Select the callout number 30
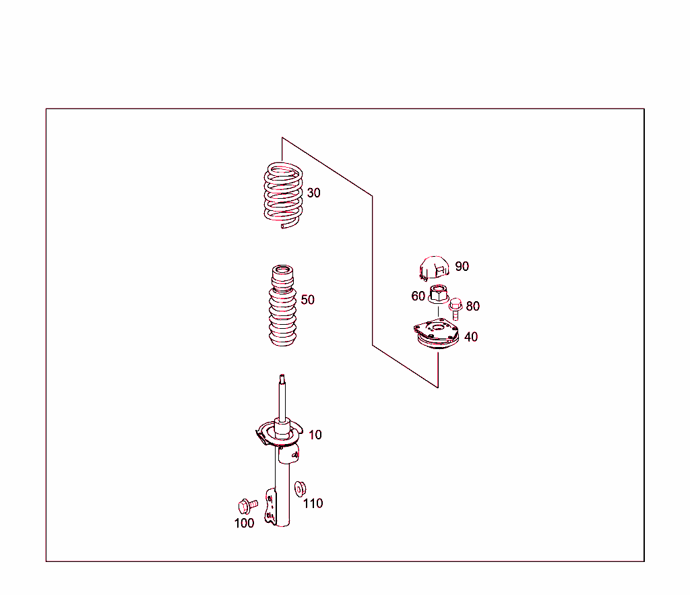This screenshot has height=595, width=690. (x=314, y=193)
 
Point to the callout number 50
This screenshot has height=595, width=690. (x=307, y=300)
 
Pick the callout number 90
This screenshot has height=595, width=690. (x=462, y=266)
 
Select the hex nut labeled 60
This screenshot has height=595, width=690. (x=438, y=294)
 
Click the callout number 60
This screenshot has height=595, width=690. (x=418, y=296)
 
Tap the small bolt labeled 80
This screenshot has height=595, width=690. (x=456, y=309)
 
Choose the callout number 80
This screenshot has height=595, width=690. (x=472, y=306)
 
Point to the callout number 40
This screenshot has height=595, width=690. (x=471, y=337)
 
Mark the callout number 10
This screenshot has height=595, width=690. (x=315, y=435)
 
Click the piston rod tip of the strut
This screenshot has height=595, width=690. (x=282, y=377)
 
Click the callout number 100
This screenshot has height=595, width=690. (x=244, y=524)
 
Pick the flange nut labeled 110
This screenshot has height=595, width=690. (x=300, y=489)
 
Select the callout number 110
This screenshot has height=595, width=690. (x=313, y=503)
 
